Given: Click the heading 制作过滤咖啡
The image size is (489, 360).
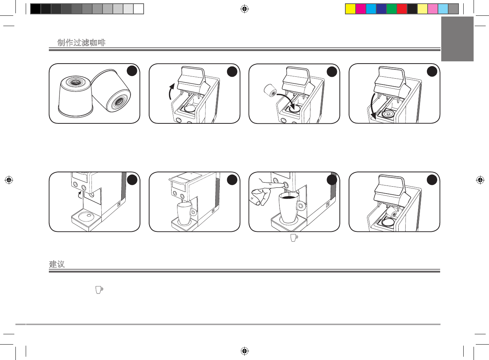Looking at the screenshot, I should [x=81, y=43].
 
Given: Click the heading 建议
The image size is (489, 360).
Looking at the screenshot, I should [x=57, y=264].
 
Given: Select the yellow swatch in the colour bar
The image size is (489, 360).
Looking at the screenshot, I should [x=350, y=9].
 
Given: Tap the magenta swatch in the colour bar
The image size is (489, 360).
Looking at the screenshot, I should [x=361, y=9].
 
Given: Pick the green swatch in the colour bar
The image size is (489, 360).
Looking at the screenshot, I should [x=392, y=9].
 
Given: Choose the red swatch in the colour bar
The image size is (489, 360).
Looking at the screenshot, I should [x=402, y=9].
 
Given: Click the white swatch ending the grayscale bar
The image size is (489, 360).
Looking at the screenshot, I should [x=139, y=9].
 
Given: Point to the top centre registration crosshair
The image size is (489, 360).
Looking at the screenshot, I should [x=245, y=9].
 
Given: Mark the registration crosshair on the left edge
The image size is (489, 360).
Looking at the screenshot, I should [x=9, y=180].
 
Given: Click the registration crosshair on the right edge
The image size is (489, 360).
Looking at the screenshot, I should [x=480, y=180].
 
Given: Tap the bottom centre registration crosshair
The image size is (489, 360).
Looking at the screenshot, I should [x=245, y=351].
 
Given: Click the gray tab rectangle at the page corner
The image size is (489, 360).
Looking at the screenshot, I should [x=457, y=39].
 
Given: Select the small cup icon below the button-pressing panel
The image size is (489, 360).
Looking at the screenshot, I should [x=294, y=238].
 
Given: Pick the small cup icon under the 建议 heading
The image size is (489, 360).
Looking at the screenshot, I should [x=99, y=289].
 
